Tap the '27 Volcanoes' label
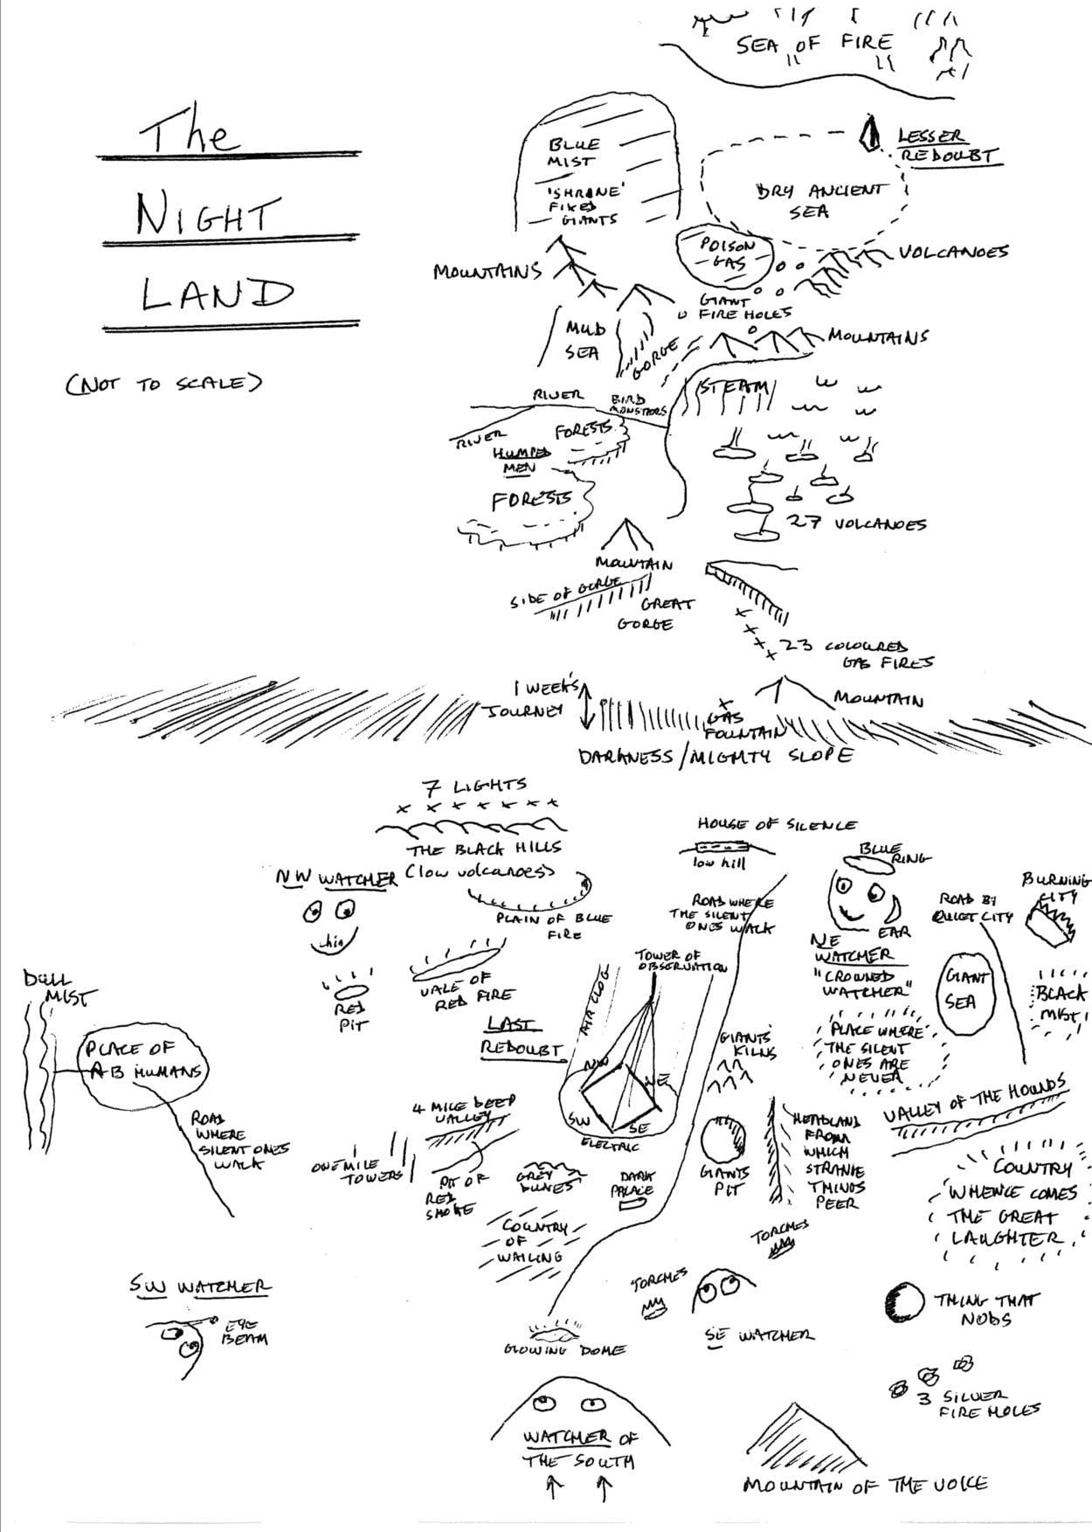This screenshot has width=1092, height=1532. (x=857, y=523)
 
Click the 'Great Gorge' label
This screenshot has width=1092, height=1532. (x=654, y=613)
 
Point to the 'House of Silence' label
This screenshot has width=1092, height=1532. (x=777, y=824)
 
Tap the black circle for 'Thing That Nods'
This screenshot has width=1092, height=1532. (x=903, y=1302)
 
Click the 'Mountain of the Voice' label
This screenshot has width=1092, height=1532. (x=865, y=1484)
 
